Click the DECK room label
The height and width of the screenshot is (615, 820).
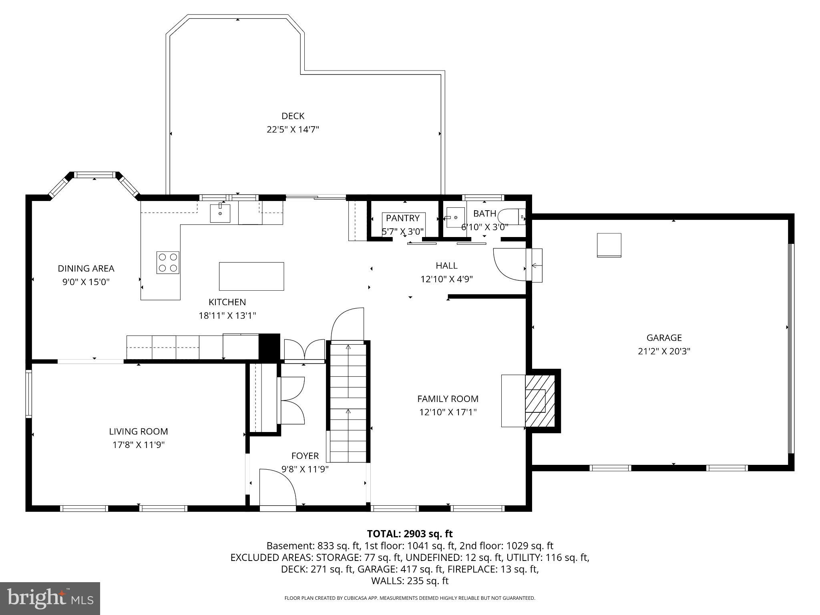tap(293, 116)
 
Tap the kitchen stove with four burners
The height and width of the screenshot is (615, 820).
tap(168, 263)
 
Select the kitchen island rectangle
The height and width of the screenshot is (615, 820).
tap(251, 276)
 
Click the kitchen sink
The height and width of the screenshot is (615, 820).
tap(220, 213)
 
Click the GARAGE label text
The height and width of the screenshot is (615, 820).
tap(664, 338)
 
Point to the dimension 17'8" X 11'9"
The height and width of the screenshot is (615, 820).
tap(139, 445)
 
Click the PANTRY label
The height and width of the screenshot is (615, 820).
tap(402, 218)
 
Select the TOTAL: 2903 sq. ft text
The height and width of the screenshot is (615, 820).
tap(410, 534)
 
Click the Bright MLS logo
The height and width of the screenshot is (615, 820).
tap(50, 598)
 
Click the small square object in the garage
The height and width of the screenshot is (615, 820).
tap(609, 245)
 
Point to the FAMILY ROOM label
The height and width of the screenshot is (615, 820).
tap(448, 399)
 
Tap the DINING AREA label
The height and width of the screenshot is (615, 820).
tap(86, 269)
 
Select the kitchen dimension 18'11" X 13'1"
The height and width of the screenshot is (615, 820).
tap(227, 316)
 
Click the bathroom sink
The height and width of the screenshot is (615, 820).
tap(455, 217)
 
